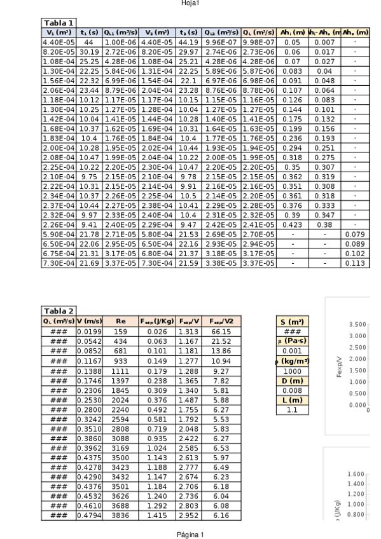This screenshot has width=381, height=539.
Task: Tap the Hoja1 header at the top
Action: pyautogui.click(x=190, y=3)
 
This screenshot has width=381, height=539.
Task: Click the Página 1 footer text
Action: pyautogui.click(x=190, y=535)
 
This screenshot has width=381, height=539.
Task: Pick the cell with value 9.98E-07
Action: pyautogui.click(x=258, y=41)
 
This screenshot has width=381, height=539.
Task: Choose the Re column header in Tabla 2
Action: pyautogui.click(x=121, y=320)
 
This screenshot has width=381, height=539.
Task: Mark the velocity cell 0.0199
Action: pyautogui.click(x=89, y=331)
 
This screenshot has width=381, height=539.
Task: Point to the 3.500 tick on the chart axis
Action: pyautogui.click(x=358, y=325)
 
